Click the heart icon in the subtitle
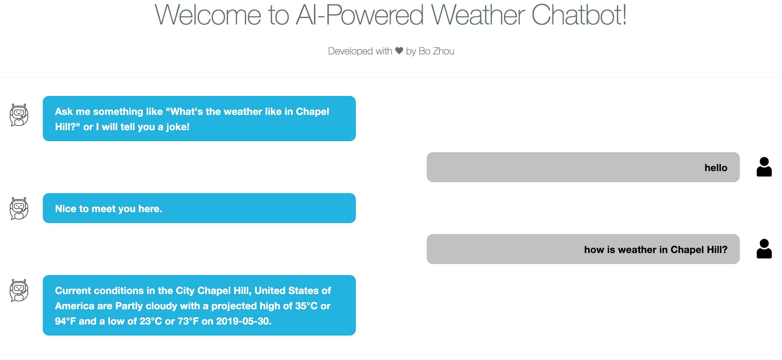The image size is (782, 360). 399,51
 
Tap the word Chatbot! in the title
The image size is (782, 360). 579,15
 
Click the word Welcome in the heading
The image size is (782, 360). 208,15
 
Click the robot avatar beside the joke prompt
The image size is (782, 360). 19,115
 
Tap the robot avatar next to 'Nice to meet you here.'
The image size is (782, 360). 19,208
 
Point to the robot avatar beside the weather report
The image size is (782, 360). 19,290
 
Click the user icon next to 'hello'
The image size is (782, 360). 764,167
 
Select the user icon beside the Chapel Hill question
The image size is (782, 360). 764,249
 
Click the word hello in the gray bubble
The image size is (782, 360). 716,168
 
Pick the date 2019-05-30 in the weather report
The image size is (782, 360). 244,321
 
